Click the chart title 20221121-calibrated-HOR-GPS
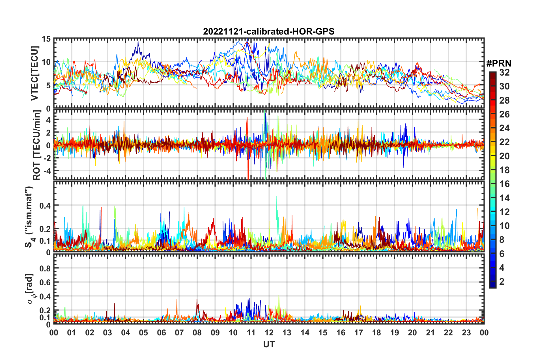269,31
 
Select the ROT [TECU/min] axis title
36,145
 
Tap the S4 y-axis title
29,217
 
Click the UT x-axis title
269,344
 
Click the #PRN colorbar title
499,63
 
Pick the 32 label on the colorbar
504,72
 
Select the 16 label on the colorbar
504,184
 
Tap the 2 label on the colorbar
502,281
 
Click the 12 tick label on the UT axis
269,333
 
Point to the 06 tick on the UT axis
161,333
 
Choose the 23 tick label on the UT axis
466,333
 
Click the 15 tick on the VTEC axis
46,39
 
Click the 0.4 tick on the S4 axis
45,205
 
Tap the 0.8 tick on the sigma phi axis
45,268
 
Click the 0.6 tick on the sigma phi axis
45,282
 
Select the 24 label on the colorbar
504,128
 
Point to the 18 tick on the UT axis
376,333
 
